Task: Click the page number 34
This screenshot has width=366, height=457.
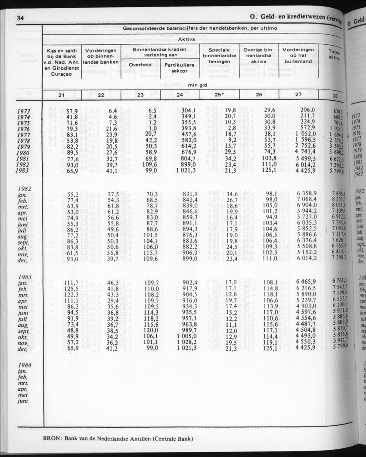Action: pyautogui.click(x=20, y=18)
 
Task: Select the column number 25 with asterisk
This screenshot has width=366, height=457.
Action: pyautogui.click(x=220, y=95)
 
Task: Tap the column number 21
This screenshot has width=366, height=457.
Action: pyautogui.click(x=60, y=95)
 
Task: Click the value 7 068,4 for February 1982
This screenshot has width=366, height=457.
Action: pyautogui.click(x=306, y=199)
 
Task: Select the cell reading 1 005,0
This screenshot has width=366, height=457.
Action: pyautogui.click(x=186, y=336)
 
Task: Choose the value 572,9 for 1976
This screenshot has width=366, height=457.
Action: pyautogui.click(x=310, y=128)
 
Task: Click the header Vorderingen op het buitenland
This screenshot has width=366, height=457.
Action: pyautogui.click(x=298, y=56)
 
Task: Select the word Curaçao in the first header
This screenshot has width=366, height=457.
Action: pyautogui.click(x=61, y=74)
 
